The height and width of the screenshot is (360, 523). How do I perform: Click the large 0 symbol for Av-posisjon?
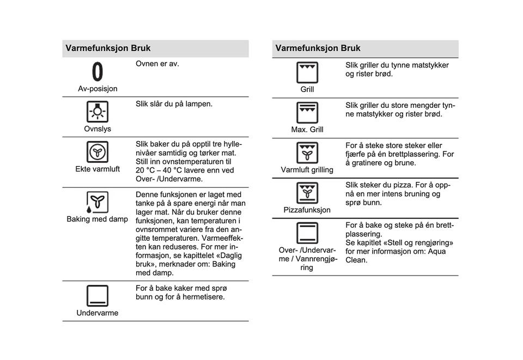tap(97, 72)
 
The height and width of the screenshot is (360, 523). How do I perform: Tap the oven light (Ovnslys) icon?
tap(97, 112)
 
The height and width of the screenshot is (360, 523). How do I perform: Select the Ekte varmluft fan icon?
tap(97, 152)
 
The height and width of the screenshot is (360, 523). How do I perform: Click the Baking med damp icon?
tap(97, 202)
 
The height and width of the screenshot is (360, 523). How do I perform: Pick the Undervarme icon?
tap(97, 296)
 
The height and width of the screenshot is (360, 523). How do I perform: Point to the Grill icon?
tap(307, 72)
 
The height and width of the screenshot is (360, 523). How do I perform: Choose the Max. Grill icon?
tap(307, 112)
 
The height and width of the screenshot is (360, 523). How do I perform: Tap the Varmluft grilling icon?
tap(307, 152)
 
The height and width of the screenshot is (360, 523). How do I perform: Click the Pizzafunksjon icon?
tap(307, 193)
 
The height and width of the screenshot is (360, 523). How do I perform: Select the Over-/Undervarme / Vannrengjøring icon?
tap(307, 233)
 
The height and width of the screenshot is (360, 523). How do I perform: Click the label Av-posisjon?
tap(98, 89)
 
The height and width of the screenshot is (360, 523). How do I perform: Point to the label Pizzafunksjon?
tap(307, 210)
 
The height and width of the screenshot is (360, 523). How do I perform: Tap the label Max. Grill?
tap(307, 130)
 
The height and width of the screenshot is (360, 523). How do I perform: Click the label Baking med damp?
tap(98, 219)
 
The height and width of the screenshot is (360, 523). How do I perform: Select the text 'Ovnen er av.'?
tap(157, 64)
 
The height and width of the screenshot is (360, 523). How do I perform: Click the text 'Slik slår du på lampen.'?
tap(174, 103)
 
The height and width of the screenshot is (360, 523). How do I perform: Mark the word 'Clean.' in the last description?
tap(356, 260)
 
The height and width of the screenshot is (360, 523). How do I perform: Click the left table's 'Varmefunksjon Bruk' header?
tap(108, 48)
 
